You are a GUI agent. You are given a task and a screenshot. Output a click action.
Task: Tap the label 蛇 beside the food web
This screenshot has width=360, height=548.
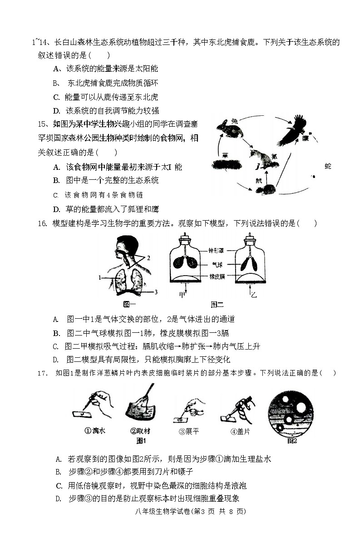[328, 167]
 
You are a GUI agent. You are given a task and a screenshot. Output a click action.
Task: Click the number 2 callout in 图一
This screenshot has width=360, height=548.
[148, 257]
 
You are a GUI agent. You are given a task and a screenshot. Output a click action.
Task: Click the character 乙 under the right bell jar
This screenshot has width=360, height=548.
[254, 295]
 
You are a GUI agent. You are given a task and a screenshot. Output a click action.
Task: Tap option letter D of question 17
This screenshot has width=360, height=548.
[58, 498]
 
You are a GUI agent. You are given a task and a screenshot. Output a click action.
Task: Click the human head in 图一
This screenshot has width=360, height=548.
[124, 245]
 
